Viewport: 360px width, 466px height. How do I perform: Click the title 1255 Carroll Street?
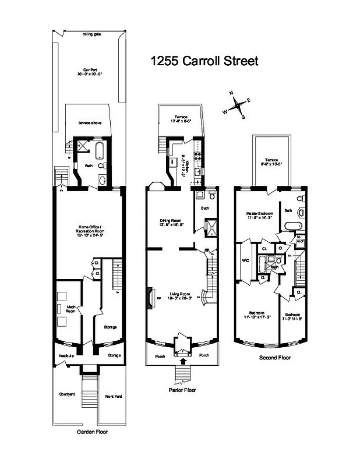tap(203, 61)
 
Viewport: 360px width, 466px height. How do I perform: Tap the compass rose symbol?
tap(238, 106)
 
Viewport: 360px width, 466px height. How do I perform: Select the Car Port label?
tap(89, 71)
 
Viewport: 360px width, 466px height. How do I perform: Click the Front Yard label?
tap(112, 397)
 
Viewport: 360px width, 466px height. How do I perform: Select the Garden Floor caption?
tap(92, 432)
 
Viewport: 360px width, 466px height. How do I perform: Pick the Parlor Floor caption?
tap(182, 390)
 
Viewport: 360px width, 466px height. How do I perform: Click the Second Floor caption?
tap(275, 358)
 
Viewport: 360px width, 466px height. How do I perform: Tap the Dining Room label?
tap(171, 222)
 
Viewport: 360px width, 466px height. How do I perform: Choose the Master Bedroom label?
tap(259, 216)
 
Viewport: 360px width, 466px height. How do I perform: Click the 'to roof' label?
tap(299, 238)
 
